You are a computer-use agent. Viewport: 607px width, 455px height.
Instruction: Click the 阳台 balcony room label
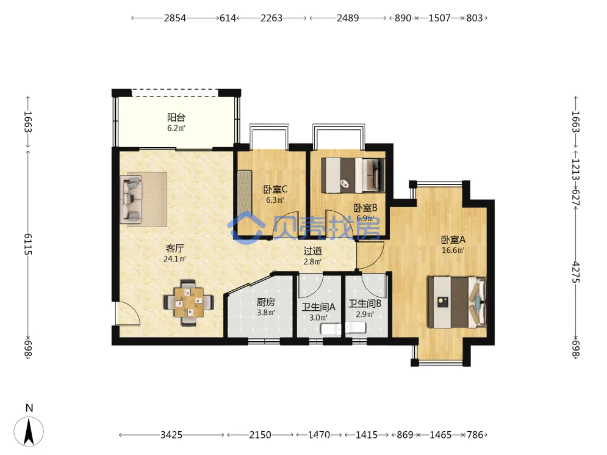point(176,117)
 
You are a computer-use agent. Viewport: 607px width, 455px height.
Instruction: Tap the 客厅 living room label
point(174,248)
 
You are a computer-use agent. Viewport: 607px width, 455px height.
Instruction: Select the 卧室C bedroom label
point(275,189)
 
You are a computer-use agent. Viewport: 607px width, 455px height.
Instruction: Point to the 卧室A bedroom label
point(453,239)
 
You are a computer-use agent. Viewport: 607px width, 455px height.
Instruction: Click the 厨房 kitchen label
point(266,302)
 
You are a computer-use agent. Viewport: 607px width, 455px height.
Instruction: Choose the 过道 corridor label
point(312,251)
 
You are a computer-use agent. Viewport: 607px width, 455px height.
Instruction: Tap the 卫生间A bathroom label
point(318,307)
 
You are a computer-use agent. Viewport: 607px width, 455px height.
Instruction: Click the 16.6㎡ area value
point(453,250)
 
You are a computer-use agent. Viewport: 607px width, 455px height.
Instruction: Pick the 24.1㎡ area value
point(174,259)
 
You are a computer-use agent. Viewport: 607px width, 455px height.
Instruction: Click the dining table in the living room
point(189,302)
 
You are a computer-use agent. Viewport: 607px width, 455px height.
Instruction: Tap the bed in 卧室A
point(457,302)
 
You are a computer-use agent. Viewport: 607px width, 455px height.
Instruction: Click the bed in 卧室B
point(353,175)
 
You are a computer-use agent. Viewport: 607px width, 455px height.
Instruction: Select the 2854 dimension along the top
point(175,18)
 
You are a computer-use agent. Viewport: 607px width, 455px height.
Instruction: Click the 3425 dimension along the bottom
point(171,435)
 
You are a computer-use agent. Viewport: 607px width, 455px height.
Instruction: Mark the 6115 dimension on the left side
point(28,244)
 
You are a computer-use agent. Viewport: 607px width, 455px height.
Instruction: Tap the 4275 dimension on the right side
point(576,272)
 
